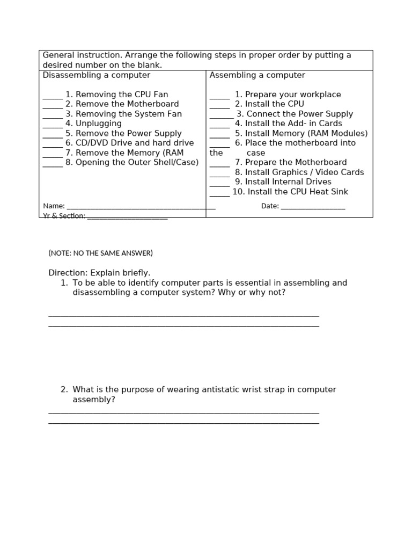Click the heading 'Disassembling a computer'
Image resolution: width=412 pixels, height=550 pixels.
pyautogui.click(x=96, y=75)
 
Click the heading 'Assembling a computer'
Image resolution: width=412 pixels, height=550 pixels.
pyautogui.click(x=257, y=75)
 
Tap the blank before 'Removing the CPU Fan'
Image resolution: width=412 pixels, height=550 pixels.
pyautogui.click(x=53, y=96)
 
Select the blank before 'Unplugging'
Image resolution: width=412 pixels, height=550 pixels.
pyautogui.click(x=53, y=125)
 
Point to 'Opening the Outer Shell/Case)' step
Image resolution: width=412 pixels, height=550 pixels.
pyautogui.click(x=137, y=162)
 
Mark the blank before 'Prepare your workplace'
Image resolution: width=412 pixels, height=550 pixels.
pyautogui.click(x=219, y=96)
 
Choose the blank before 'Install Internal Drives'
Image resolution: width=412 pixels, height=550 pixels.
pyautogui.click(x=219, y=184)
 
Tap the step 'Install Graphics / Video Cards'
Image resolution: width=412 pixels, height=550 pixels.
pyautogui.click(x=304, y=172)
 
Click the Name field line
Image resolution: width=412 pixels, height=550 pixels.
pyautogui.click(x=141, y=207)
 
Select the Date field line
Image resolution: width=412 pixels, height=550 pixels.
pyautogui.click(x=313, y=207)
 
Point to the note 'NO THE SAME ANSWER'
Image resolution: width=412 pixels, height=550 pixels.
pyautogui.click(x=100, y=253)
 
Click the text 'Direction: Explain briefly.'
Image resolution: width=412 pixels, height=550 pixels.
pyautogui.click(x=99, y=273)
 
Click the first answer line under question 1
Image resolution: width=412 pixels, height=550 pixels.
pyautogui.click(x=183, y=315)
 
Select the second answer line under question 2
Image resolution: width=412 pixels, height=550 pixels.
pyautogui.click(x=183, y=423)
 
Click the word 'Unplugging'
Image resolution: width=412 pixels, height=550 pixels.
pyautogui.click(x=99, y=124)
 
